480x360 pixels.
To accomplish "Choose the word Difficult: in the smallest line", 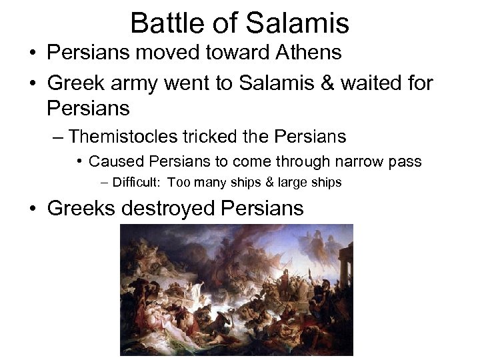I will pos(137,182).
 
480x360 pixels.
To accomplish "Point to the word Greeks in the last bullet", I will pos(81,208).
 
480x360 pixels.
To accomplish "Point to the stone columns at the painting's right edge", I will pos(345,267).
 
